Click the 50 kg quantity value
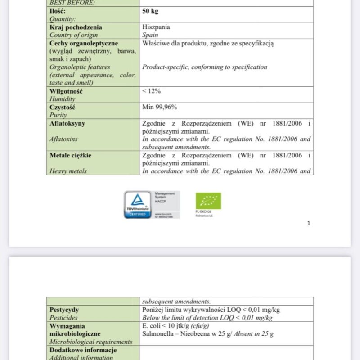pyautogui.click(x=150, y=11)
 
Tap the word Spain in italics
pyautogui.click(x=150, y=35)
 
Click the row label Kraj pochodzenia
pyautogui.click(x=76, y=27)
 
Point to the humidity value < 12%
pyautogui.click(x=152, y=91)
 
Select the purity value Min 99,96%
pyautogui.click(x=159, y=107)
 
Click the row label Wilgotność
pyautogui.click(x=66, y=91)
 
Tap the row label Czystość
pyautogui.click(x=63, y=107)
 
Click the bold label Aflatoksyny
pyautogui.click(x=67, y=123)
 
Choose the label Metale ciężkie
pyautogui.click(x=71, y=155)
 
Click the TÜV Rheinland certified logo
pyautogui.click(x=138, y=205)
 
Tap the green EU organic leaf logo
pyautogui.click(x=208, y=201)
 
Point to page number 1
pyautogui.click(x=309, y=223)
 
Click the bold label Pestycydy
pyautogui.click(x=64, y=310)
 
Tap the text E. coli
pyautogui.click(x=152, y=326)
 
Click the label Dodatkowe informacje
pyautogui.click(x=83, y=350)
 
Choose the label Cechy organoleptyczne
pyautogui.click(x=84, y=43)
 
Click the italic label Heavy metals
pyautogui.click(x=68, y=171)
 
